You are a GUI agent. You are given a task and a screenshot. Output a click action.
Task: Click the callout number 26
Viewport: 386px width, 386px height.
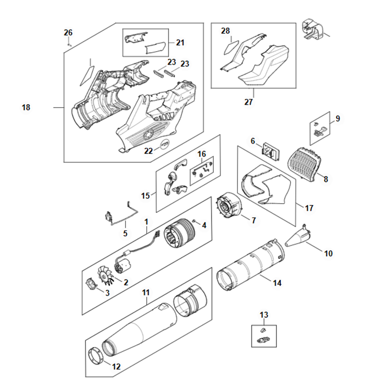click(68, 32)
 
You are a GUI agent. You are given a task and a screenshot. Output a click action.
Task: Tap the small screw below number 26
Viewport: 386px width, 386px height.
click(69, 45)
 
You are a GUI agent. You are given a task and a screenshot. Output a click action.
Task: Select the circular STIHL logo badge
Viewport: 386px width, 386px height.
click(165, 144)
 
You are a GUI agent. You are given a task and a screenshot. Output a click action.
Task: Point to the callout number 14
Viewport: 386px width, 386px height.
click(277, 283)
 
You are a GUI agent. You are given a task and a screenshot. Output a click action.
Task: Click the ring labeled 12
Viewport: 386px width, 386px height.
click(96, 356)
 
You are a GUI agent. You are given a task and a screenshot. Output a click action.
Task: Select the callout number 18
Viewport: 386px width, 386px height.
click(26, 107)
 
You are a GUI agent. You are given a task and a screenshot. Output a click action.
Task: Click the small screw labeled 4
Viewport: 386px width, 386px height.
click(194, 221)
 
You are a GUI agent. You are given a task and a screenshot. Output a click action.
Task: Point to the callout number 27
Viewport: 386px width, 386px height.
click(248, 102)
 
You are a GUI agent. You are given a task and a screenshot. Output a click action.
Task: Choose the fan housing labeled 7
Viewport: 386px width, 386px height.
click(229, 206)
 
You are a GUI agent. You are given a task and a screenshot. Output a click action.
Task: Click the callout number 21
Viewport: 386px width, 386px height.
click(180, 42)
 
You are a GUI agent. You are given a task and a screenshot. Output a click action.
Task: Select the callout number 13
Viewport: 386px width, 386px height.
click(264, 315)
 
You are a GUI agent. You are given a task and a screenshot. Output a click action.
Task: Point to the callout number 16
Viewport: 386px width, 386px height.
click(202, 154)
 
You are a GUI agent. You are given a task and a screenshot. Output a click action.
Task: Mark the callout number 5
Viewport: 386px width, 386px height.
click(125, 233)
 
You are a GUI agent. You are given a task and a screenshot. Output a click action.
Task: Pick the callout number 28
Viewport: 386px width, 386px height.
click(225, 31)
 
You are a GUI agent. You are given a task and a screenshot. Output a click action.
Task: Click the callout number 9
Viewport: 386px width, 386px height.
click(338, 118)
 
